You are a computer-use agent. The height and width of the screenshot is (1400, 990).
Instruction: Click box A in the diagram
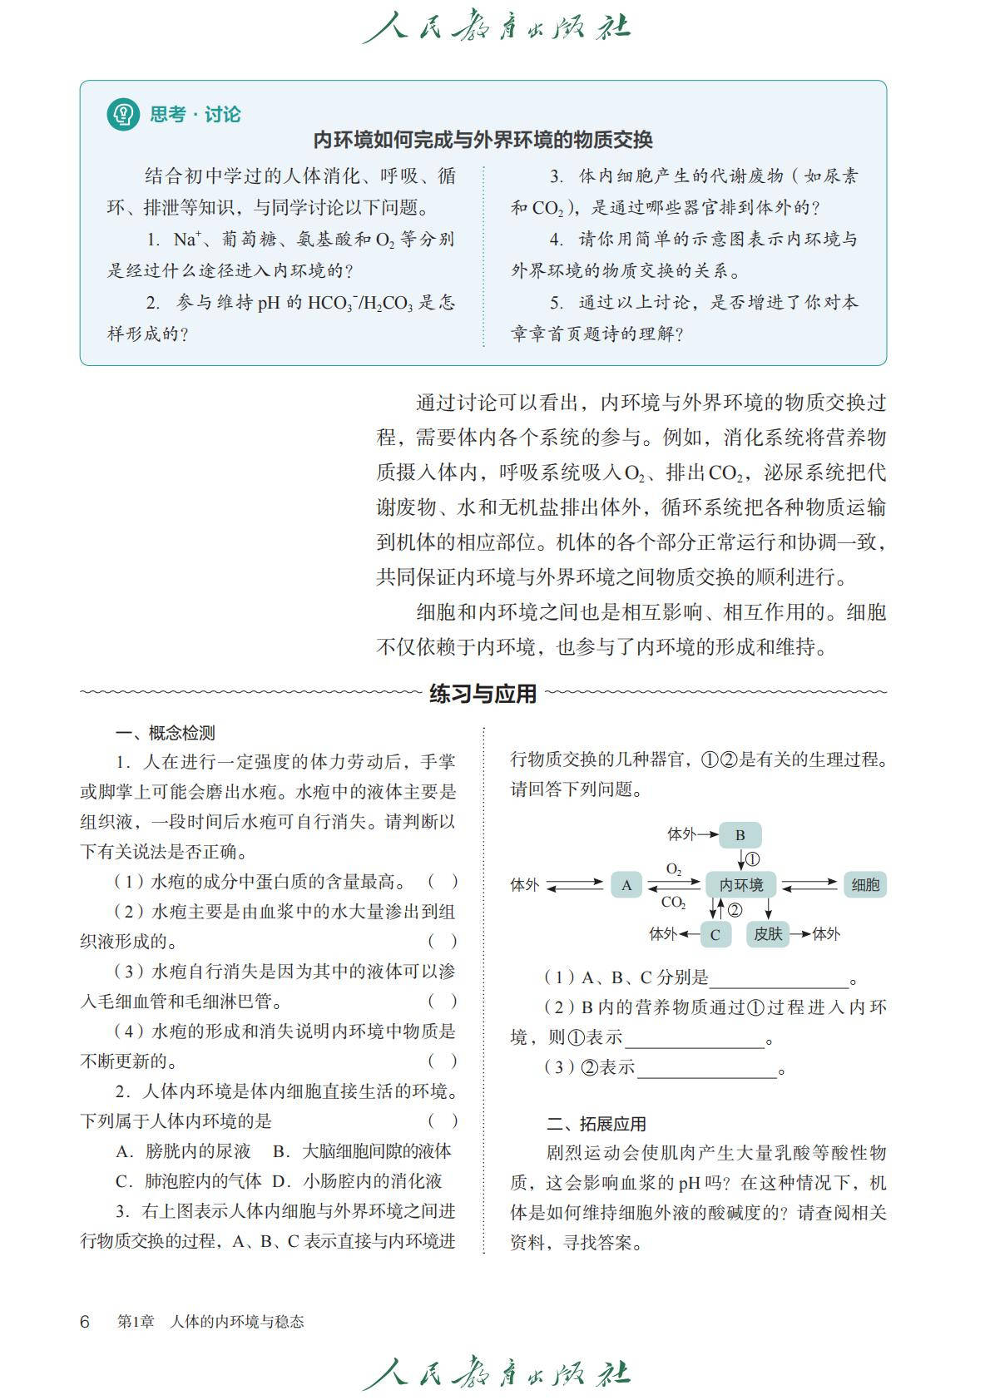tap(626, 885)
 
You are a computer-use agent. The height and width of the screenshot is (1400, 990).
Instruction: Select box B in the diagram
tap(740, 834)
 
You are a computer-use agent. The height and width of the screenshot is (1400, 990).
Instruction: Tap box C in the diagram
tap(715, 934)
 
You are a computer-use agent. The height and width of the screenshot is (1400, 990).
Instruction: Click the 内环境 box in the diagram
tap(741, 885)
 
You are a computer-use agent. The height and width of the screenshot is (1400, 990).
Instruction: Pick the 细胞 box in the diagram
tap(865, 885)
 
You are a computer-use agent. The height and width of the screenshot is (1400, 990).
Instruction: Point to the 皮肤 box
tap(768, 934)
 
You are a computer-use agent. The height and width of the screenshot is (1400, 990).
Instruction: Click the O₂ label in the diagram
tap(674, 870)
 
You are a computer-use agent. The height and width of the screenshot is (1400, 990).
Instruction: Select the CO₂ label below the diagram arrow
tap(673, 903)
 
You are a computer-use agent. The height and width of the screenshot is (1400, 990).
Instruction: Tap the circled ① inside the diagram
tap(752, 859)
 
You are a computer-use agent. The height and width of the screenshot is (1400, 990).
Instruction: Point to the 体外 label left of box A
tap(524, 885)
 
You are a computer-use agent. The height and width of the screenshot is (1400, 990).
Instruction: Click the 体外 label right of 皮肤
tap(826, 934)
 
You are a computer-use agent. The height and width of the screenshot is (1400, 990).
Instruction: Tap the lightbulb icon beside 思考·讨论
tap(123, 114)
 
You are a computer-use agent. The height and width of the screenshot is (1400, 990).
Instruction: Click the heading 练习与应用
tap(483, 693)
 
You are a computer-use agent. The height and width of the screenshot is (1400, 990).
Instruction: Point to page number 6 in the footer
tap(85, 1322)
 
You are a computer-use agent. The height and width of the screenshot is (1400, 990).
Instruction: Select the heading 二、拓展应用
tap(596, 1124)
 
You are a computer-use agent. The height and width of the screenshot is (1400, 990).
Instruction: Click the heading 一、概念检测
tap(165, 733)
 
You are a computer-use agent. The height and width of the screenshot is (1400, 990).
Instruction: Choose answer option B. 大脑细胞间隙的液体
tap(363, 1151)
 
